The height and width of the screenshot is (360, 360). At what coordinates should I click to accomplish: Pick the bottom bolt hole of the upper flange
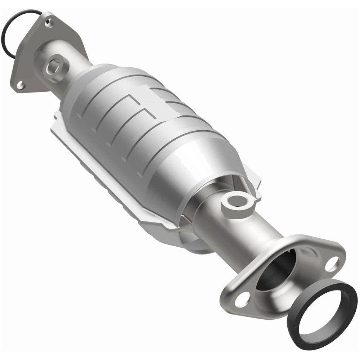click(20, 85)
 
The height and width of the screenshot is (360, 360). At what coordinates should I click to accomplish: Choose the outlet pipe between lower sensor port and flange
click(252, 230)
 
